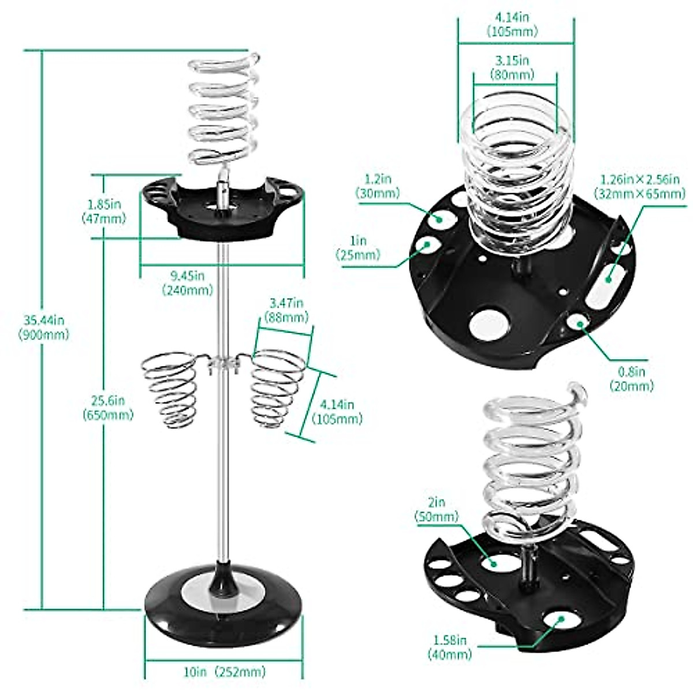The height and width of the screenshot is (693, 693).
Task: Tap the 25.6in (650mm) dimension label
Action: point(107,407)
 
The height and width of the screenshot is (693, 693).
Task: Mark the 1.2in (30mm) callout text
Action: point(378,186)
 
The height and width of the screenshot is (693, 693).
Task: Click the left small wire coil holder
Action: point(172,390)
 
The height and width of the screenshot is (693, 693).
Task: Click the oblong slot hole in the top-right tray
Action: point(605,280)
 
